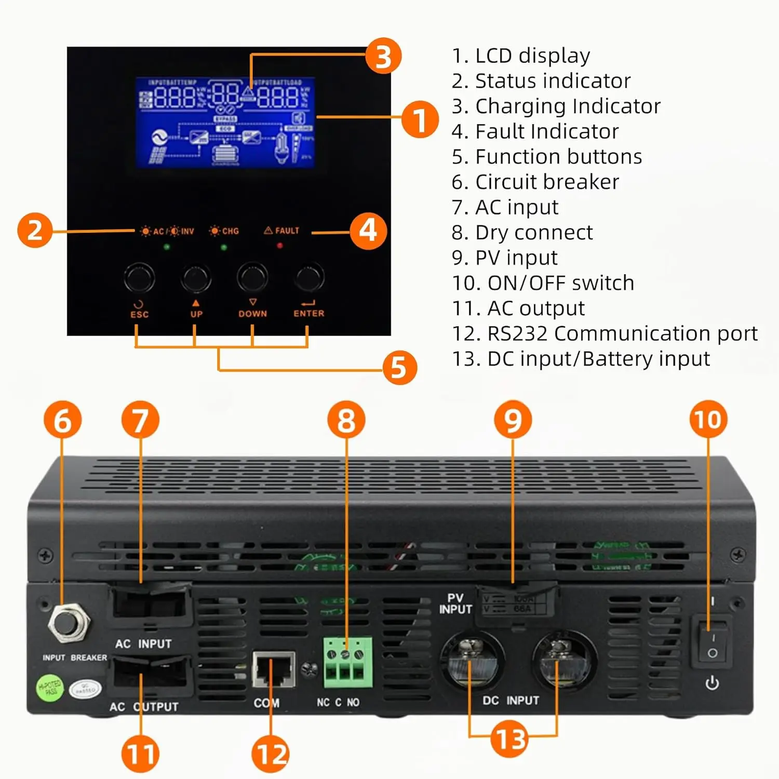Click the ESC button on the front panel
139,278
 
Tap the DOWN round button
252,277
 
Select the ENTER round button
309,277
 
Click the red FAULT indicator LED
280,246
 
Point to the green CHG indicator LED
224,247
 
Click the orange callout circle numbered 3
383,56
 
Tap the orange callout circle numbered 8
346,420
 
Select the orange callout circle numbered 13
509,738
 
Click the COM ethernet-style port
273,670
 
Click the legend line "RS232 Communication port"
605,333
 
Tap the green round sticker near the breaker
50,688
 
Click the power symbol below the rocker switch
712,683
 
